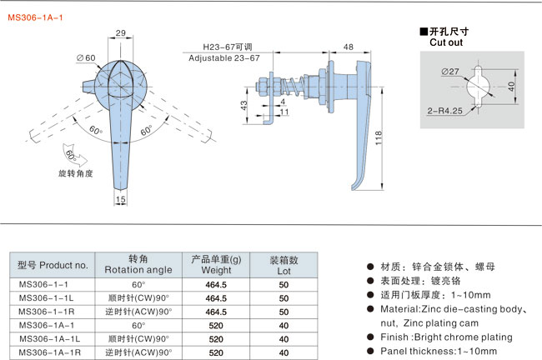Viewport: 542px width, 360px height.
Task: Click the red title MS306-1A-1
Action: click(36, 14)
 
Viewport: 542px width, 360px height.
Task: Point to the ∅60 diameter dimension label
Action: click(86, 57)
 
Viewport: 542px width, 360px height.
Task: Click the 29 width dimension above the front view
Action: click(121, 33)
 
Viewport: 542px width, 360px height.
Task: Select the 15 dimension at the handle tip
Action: click(121, 200)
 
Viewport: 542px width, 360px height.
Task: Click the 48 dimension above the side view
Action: click(347, 47)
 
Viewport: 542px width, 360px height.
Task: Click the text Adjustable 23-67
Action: click(224, 58)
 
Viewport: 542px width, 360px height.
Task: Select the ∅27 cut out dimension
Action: click(451, 72)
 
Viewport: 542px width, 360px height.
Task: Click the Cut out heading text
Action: click(447, 42)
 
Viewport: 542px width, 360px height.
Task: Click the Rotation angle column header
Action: click(138, 269)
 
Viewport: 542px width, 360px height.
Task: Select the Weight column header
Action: click(216, 269)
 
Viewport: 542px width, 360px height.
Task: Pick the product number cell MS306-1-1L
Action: click(47, 297)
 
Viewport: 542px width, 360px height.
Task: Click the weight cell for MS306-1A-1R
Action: click(216, 352)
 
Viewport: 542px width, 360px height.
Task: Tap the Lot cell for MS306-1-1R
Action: click(284, 311)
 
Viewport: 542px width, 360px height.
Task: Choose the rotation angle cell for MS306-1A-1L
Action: click(138, 338)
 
